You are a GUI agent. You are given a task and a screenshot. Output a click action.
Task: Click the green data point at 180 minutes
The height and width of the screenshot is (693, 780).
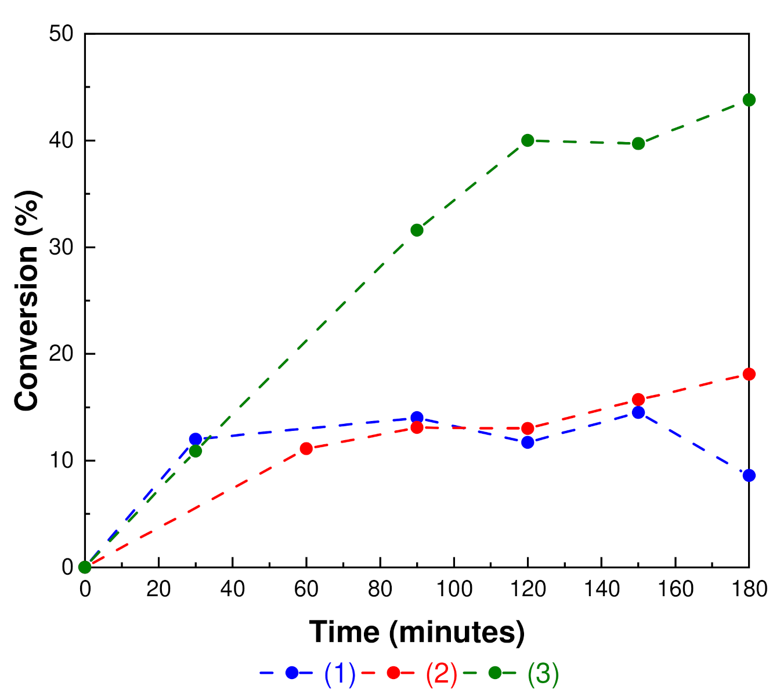coord(749,100)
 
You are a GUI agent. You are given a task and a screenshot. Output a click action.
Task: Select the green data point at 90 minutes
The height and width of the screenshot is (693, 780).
coord(417,230)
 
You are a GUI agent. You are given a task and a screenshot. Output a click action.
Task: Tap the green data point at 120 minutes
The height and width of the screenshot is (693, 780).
coord(528,140)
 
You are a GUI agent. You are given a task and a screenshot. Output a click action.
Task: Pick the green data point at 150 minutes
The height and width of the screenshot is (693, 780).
coord(638,144)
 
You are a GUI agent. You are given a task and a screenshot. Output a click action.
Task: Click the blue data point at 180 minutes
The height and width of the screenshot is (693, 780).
coord(749,476)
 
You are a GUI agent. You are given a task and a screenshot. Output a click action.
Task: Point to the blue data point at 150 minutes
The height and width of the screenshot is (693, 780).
coord(638,412)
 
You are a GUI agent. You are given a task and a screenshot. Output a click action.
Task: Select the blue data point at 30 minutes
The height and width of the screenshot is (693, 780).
coord(196,439)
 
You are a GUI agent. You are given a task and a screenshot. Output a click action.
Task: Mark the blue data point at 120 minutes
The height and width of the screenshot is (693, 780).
coord(528,442)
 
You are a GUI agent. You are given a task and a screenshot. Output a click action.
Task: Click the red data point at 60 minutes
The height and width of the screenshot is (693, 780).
coord(306,448)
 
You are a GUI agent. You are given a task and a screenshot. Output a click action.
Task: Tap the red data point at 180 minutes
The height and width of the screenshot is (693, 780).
coord(749,374)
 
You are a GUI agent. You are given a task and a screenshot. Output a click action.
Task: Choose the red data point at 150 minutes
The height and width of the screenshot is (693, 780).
coord(638,400)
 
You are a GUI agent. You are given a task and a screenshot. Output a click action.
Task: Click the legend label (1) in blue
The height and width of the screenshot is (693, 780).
coord(340,673)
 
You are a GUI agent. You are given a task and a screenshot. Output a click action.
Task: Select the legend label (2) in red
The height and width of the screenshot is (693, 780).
coord(442,673)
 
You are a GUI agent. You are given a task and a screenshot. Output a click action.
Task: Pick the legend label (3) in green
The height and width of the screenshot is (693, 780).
coord(543,673)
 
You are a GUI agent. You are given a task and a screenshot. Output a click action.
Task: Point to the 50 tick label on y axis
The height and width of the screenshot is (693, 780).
coord(61,34)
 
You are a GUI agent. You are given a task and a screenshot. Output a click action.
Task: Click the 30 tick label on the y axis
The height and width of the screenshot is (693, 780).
coord(61,248)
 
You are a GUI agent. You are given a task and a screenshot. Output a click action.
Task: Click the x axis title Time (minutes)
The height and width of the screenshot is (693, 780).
coord(417,632)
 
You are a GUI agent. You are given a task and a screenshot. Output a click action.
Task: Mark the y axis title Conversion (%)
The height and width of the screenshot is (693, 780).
coord(27,300)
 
